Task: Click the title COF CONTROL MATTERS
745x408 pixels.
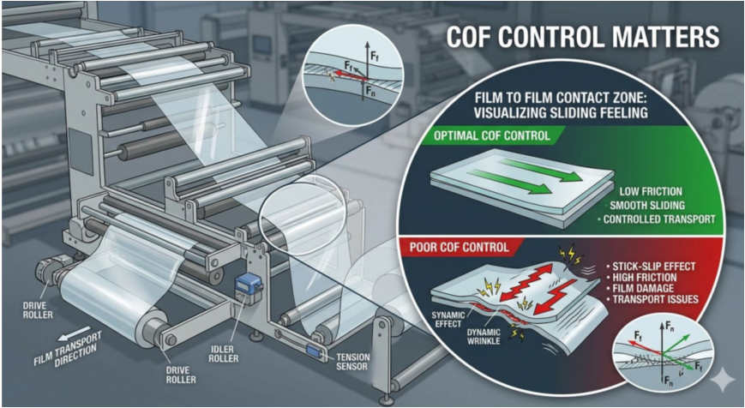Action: coord(582,37)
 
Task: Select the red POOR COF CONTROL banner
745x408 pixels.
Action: coord(464,248)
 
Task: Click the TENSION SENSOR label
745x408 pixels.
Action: coord(352,362)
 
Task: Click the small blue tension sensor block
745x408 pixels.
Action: coord(314,351)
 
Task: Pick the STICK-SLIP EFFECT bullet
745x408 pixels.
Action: coord(650,266)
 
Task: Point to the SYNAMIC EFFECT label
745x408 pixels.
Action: coord(449,319)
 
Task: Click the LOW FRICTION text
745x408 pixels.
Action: coord(651,192)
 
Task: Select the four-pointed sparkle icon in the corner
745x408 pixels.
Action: coord(723,381)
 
